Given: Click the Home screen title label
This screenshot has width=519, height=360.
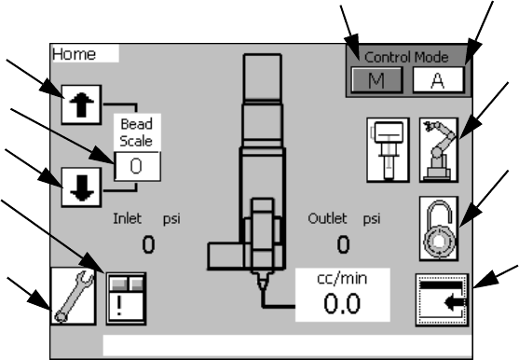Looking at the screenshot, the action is [74, 54].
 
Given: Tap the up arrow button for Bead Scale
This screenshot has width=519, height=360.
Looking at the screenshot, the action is [81, 104].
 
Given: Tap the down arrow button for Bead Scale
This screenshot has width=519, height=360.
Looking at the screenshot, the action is [81, 187].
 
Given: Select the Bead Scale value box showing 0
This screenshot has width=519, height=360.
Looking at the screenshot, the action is [137, 166].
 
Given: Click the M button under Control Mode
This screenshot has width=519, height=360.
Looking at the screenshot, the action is [376, 80].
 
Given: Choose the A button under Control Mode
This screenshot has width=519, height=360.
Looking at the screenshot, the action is [438, 80].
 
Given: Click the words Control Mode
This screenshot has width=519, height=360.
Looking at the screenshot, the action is [406, 57].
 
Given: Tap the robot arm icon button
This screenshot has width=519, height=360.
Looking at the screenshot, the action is [439, 150].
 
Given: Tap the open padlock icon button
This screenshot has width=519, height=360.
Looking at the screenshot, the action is [439, 228].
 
